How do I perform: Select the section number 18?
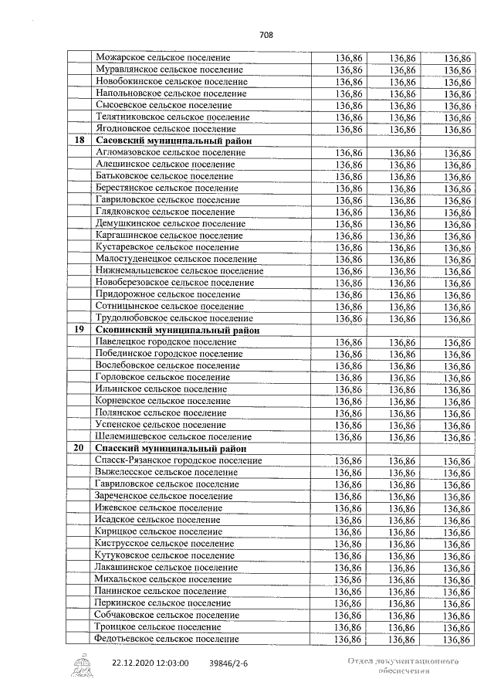click(x=79, y=141)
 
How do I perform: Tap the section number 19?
click(x=79, y=330)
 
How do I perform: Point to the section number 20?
click(x=79, y=449)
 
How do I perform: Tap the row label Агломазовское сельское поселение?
click(x=170, y=153)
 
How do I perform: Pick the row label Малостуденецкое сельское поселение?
click(x=176, y=260)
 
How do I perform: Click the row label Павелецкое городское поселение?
click(x=165, y=342)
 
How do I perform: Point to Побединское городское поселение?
click(x=167, y=354)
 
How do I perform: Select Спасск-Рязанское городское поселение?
click(x=177, y=460)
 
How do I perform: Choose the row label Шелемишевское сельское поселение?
click(x=173, y=437)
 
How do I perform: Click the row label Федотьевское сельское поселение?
click(x=166, y=639)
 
